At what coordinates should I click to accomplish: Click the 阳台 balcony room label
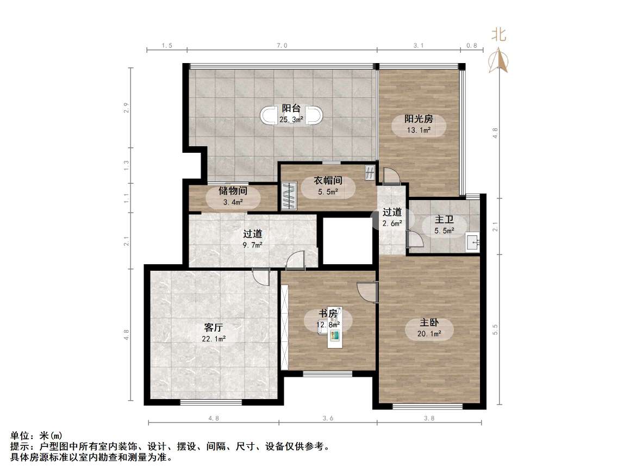point(292,108)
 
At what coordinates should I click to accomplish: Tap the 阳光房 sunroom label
point(419,120)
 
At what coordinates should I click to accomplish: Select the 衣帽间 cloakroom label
point(328,181)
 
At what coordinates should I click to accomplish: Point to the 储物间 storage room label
point(233,191)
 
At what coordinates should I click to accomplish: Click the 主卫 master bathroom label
point(444,220)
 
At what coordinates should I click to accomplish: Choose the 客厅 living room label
point(214,328)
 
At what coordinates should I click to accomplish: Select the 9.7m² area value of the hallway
point(252,245)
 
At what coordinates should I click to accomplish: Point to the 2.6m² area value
point(392,223)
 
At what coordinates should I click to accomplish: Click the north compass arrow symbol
point(499,60)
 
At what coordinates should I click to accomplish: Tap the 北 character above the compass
point(499,35)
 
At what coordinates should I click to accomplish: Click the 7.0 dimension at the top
point(282,46)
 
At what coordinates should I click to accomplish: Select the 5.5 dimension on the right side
point(495,329)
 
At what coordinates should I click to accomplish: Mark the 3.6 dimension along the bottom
point(328,418)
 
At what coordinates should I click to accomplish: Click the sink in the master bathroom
point(472,242)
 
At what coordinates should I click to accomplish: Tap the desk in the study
point(334,337)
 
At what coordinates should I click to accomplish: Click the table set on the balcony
point(292,115)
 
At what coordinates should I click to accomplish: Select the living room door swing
point(261,277)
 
